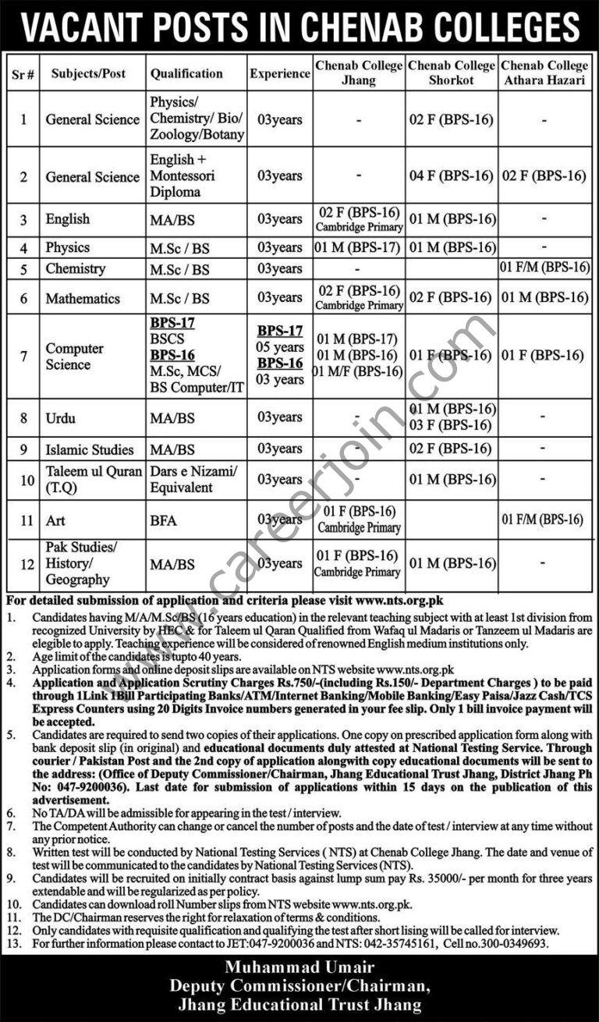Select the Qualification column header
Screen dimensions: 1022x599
pos(186,73)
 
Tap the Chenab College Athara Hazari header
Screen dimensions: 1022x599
pos(544,73)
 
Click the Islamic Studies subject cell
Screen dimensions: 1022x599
pos(90,449)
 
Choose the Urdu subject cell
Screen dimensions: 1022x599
pos(60,417)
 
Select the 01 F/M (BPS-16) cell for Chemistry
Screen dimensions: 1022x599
pos(544,268)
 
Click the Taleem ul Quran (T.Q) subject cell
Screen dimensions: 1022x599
pos(94,479)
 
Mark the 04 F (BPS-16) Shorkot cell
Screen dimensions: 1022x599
pos(452,176)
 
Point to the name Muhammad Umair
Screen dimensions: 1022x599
pos(300,967)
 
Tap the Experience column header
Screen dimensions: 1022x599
pos(280,73)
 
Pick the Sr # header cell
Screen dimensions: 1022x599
pos(23,73)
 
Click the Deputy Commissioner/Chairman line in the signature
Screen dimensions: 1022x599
pos(300,985)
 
